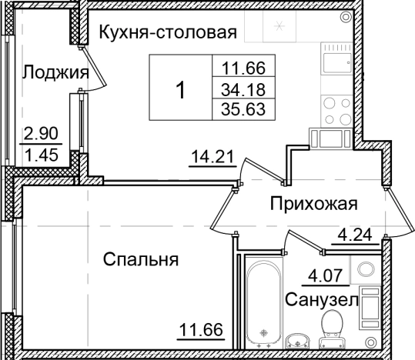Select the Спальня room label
(141, 260)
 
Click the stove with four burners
(336, 108)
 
